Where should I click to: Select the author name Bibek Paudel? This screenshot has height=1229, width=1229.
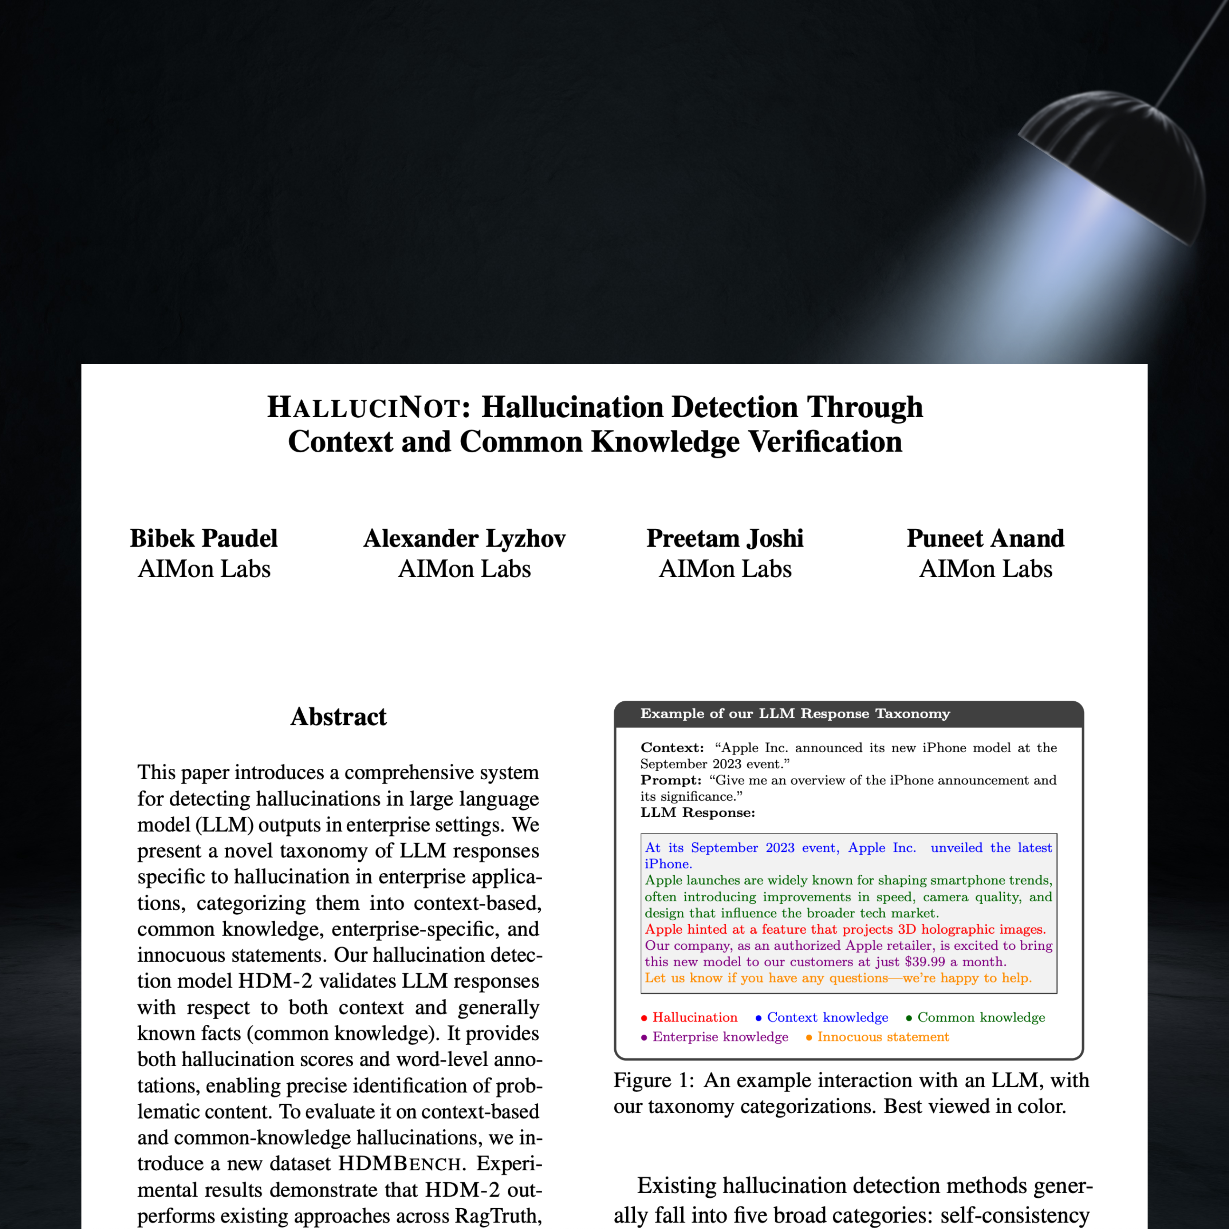[204, 538]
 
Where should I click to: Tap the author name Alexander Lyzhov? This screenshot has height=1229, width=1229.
[464, 538]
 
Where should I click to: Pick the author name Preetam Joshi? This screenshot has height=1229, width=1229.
[725, 538]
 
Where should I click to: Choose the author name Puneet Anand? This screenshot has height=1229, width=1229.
[985, 538]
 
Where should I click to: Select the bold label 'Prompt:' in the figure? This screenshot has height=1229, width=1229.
[670, 780]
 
